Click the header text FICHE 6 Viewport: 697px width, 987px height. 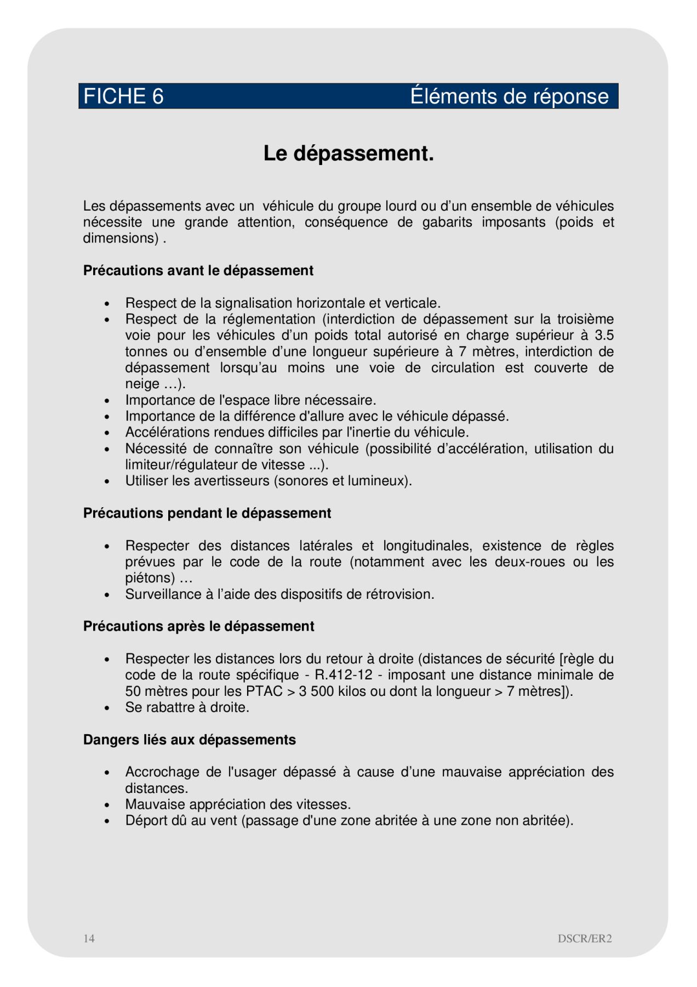[123, 97]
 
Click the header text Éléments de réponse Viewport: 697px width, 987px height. [509, 97]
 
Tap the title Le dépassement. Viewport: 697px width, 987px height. [348, 154]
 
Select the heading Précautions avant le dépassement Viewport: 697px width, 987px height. [198, 271]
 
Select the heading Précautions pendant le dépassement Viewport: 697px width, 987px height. [207, 513]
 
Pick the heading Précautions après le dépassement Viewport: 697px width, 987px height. [199, 626]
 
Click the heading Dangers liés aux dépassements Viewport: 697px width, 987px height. [190, 740]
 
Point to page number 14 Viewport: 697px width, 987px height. [89, 938]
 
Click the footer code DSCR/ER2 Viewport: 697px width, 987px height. [585, 938]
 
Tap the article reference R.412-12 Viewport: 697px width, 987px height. [344, 675]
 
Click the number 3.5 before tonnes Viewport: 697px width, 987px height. [604, 335]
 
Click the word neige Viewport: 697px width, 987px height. [142, 384]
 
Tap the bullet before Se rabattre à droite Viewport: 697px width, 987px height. [107, 708]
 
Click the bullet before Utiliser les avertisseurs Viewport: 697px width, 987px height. [107, 481]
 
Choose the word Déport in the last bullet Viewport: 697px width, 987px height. [145, 821]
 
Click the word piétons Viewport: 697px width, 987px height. [150, 578]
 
